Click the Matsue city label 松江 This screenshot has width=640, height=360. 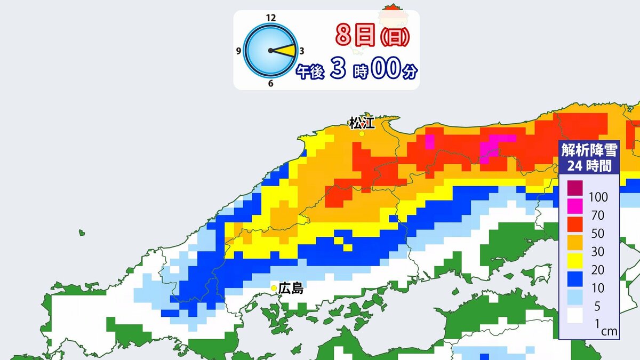(362, 124)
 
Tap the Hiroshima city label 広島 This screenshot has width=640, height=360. (291, 289)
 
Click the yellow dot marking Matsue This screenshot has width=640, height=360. (362, 134)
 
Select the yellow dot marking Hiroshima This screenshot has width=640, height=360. (274, 289)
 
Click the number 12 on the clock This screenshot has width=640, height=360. (270, 18)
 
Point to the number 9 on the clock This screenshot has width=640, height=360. (238, 52)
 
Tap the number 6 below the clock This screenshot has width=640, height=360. (271, 84)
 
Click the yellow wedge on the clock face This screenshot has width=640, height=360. (287, 51)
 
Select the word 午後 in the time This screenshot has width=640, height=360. (310, 72)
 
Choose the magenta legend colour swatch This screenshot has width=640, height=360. (575, 206)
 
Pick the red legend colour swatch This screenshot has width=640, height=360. (575, 224)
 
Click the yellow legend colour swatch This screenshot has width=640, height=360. (575, 261)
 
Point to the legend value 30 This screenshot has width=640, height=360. (597, 252)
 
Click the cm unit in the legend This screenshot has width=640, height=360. (609, 332)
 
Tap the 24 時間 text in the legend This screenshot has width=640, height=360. (589, 165)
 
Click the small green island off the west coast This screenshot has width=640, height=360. (82, 233)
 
